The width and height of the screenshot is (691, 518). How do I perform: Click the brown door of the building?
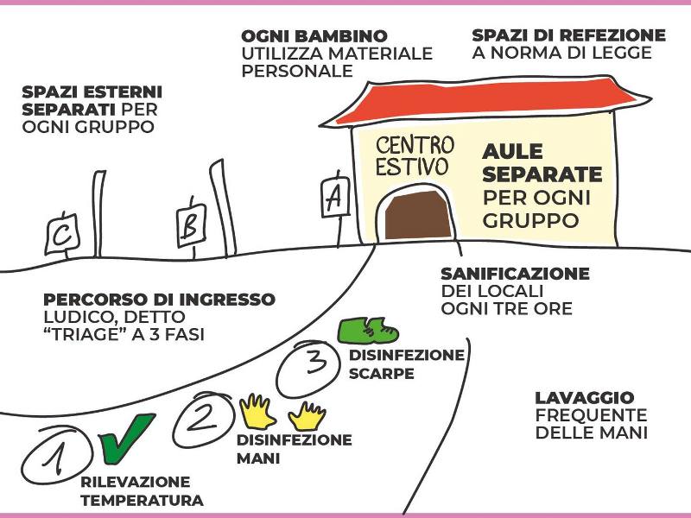coord(419,216)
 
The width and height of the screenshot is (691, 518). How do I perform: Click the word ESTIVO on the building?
coord(412,166)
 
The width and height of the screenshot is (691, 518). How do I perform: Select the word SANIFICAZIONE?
coord(515,274)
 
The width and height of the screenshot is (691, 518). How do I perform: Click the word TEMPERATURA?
coord(143,500)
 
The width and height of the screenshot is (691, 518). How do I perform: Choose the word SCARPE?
coord(382,374)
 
